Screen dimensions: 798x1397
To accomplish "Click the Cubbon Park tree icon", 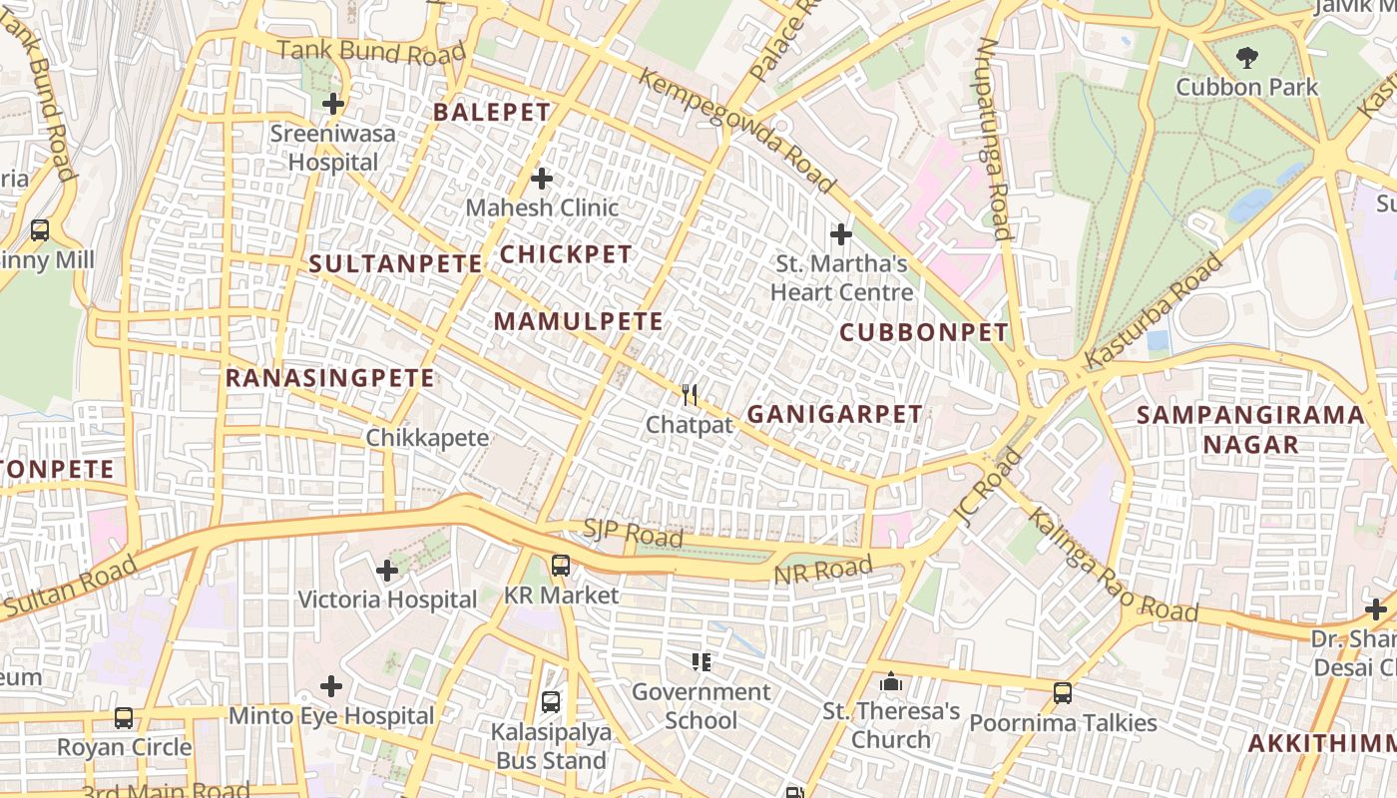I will click(1246, 58).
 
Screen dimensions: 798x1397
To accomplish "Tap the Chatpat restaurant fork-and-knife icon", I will click(690, 395).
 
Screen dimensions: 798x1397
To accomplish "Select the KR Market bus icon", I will click(561, 566).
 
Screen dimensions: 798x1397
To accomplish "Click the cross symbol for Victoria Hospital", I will click(387, 571).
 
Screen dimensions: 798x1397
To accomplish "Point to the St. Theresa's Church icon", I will click(891, 682).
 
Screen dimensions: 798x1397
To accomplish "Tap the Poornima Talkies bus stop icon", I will click(1063, 693).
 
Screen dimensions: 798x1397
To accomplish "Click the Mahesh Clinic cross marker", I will click(542, 179).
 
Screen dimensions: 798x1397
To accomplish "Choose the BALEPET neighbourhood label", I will click(492, 113).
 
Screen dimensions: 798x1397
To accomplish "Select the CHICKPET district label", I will click(566, 254).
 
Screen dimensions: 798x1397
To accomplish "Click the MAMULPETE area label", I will click(578, 321).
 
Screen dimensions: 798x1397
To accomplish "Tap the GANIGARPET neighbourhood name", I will click(834, 414).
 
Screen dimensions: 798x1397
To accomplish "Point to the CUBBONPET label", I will click(924, 332).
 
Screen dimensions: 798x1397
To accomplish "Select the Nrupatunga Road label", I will click(993, 140).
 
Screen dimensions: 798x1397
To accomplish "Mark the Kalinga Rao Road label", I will click(1113, 565).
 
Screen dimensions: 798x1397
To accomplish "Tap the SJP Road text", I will click(633, 534).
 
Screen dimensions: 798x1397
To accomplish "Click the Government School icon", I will click(700, 661).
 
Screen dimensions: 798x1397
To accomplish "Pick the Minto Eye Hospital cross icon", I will click(331, 686).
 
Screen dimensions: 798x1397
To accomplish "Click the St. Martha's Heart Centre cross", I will click(841, 234).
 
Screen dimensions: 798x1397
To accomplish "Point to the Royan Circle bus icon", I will click(124, 717).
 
